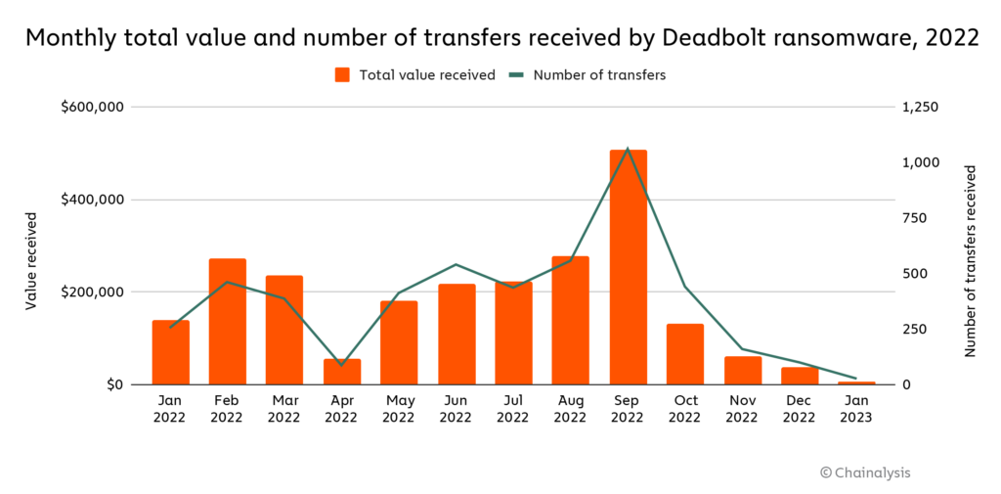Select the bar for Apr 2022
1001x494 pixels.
pyautogui.click(x=342, y=372)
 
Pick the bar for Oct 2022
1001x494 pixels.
pyautogui.click(x=685, y=353)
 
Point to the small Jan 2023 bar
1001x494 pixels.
pyautogui.click(x=856, y=382)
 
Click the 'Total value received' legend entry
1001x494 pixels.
pyautogui.click(x=415, y=74)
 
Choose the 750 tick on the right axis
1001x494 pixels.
pyautogui.click(x=920, y=218)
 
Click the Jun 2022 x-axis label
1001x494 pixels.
pyautogui.click(x=456, y=408)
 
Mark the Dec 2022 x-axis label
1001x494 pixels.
pyautogui.click(x=799, y=408)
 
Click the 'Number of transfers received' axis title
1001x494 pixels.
pyautogui.click(x=971, y=260)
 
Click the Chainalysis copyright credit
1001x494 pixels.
pyautogui.click(x=864, y=472)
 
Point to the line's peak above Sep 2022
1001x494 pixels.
pyautogui.click(x=628, y=149)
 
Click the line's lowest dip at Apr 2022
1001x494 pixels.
pyautogui.click(x=342, y=365)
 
